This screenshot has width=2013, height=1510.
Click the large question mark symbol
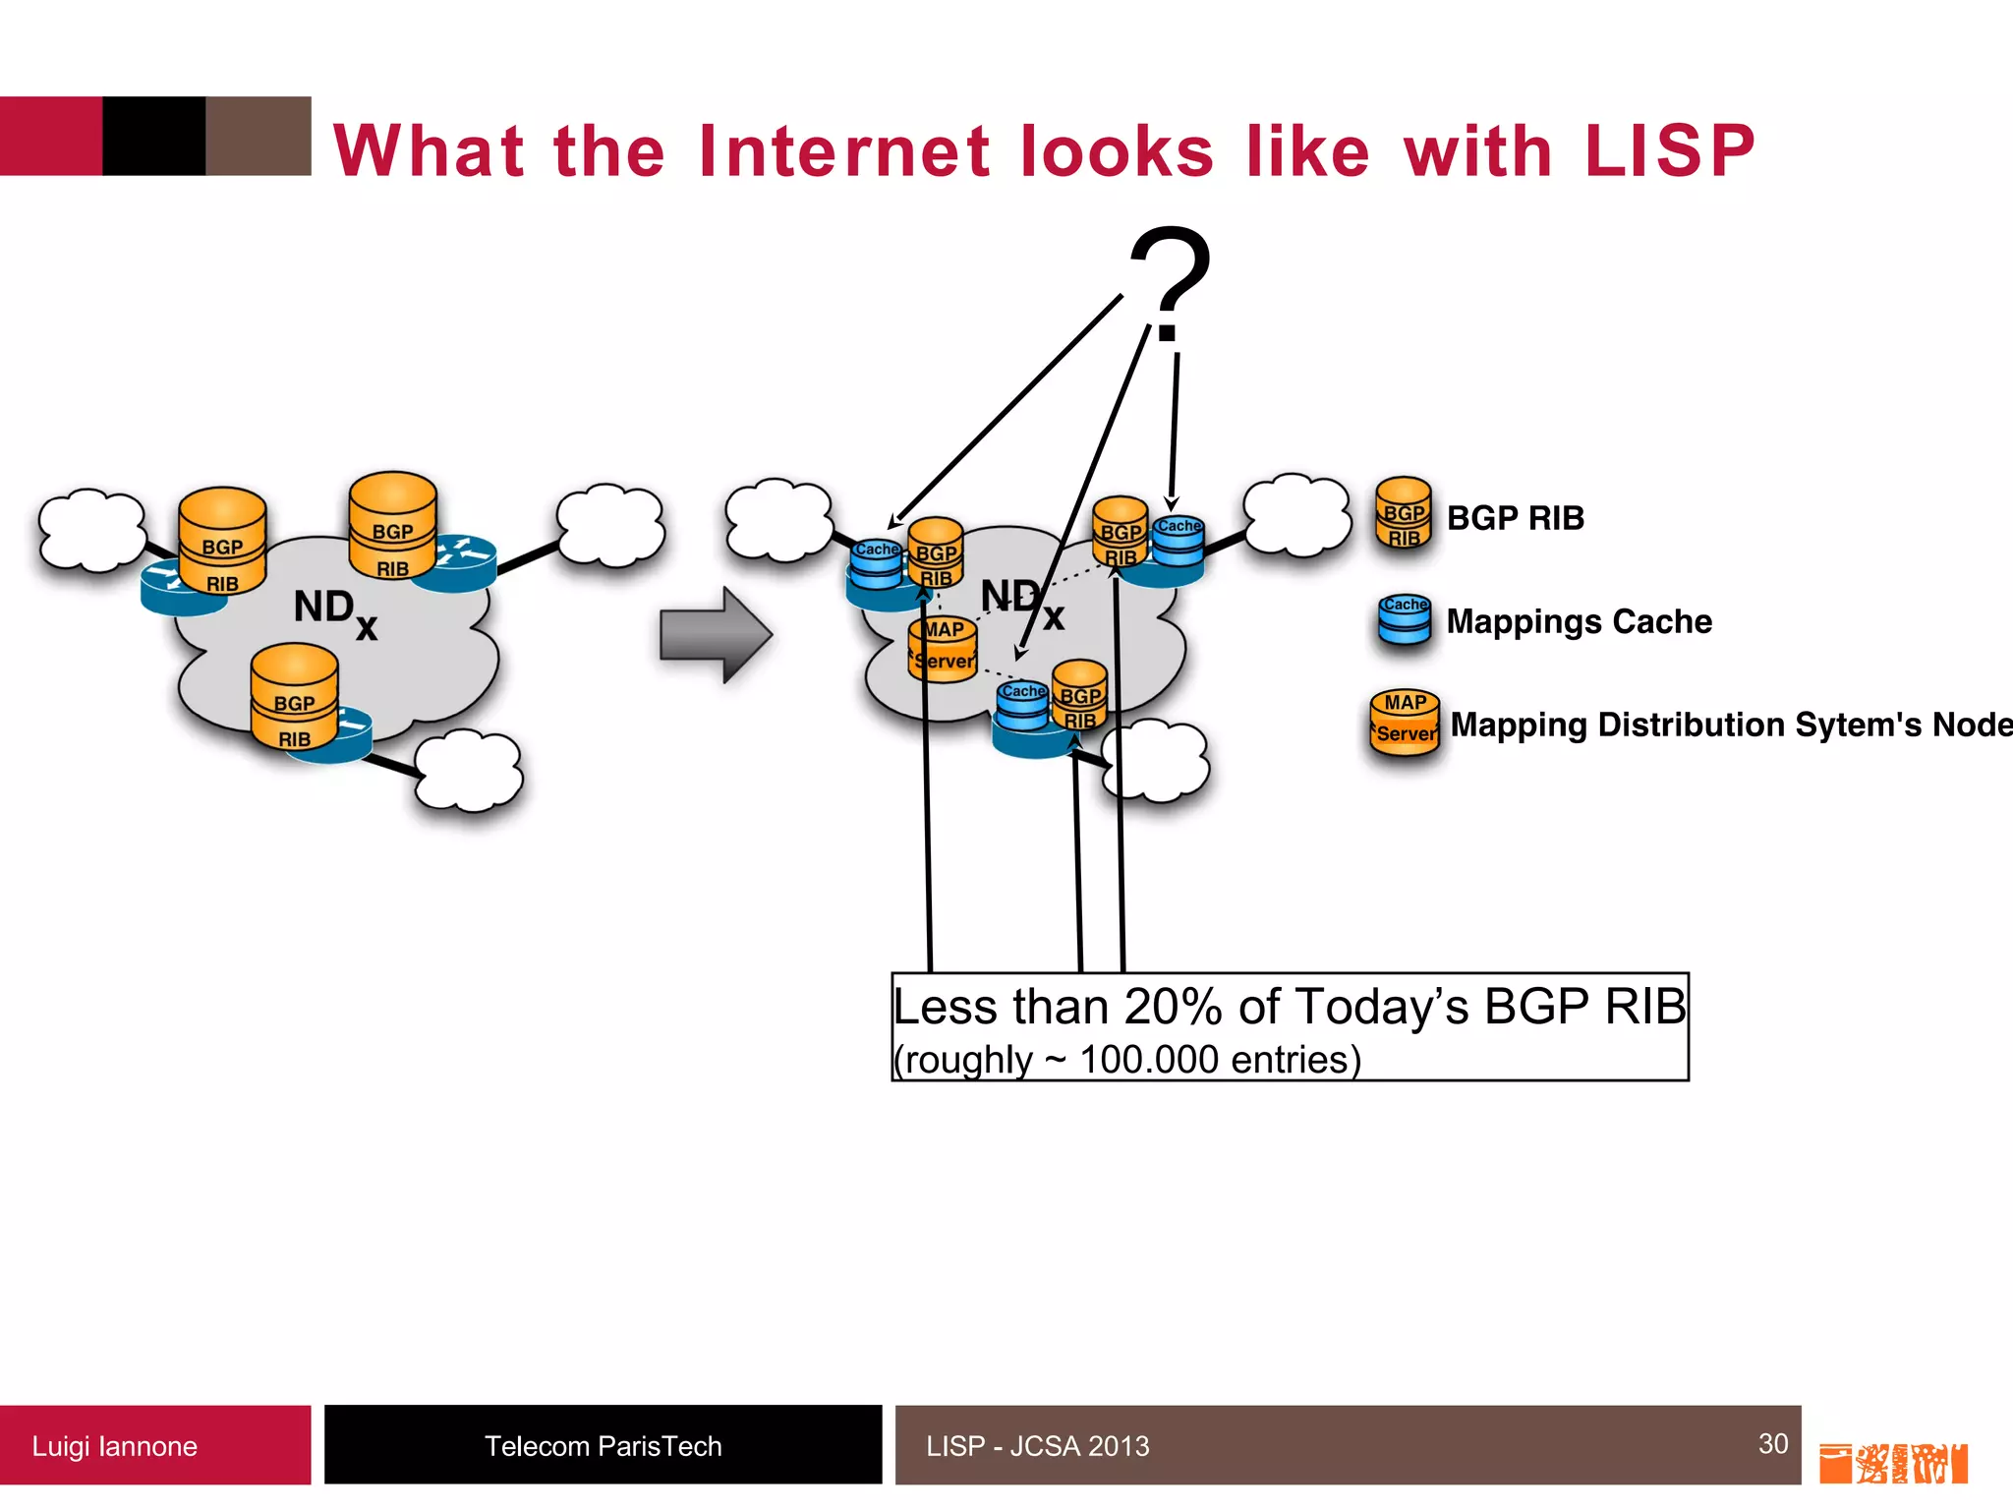point(1170,280)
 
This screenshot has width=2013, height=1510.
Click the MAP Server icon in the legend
point(1405,721)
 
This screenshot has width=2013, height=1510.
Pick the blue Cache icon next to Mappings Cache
point(1404,619)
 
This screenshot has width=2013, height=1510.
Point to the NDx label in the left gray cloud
point(334,610)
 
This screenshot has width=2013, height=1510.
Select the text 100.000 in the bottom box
point(1148,1060)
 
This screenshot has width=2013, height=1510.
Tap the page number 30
point(1772,1443)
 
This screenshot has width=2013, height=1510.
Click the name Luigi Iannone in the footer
point(114,1446)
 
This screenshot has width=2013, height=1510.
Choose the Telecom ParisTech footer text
point(603,1446)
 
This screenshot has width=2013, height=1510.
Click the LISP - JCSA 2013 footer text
point(1037,1446)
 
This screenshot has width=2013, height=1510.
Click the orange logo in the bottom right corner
point(1892,1463)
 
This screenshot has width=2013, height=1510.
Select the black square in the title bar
point(153,136)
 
